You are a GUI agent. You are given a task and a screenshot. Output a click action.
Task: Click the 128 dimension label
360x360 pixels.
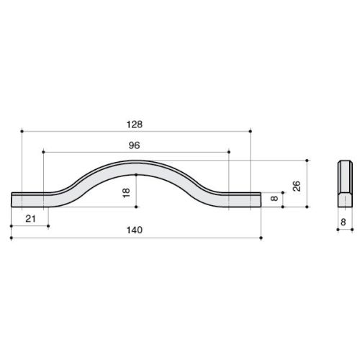[x=135, y=125]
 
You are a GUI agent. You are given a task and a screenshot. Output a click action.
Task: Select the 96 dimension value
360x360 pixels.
[x=134, y=145]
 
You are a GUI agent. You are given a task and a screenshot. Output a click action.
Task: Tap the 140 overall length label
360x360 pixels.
[x=135, y=230]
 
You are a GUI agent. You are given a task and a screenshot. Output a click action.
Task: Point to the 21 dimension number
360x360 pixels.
[x=30, y=219]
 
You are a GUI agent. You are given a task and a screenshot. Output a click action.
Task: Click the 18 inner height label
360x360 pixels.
[x=126, y=193]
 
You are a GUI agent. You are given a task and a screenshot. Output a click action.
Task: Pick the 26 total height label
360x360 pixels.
[x=297, y=186]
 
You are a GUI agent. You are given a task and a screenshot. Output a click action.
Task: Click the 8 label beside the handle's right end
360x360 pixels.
[x=274, y=198]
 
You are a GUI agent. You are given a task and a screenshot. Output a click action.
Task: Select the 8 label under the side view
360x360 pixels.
[x=343, y=222]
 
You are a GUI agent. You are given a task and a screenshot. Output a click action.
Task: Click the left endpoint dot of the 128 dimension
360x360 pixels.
[x=22, y=131]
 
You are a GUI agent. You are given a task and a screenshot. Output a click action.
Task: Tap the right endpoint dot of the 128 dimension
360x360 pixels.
[x=251, y=131]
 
